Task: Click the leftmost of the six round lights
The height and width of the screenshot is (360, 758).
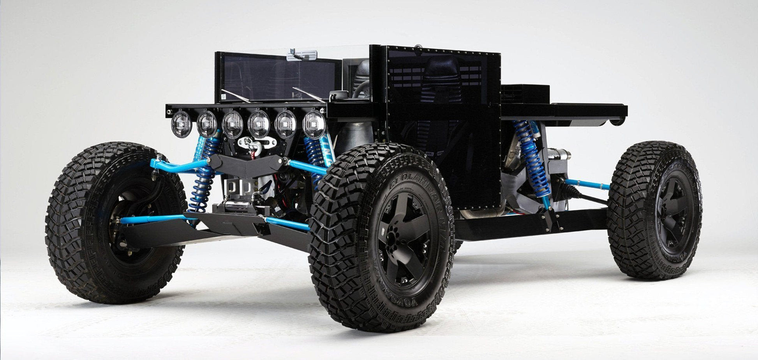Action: tap(181, 124)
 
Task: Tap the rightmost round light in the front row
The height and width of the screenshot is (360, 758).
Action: tap(314, 124)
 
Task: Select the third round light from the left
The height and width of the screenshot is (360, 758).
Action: tap(233, 124)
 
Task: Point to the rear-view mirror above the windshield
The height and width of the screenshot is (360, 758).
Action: tap(301, 56)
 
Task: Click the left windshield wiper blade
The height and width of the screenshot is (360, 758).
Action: tap(236, 95)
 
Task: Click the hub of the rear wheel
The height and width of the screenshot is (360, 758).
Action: tap(673, 210)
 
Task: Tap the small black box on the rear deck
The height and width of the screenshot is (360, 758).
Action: tap(525, 94)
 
